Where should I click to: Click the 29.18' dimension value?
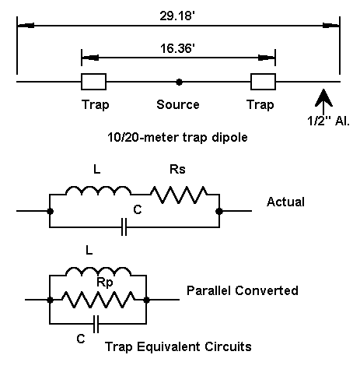point(177,16)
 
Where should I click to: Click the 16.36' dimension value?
point(177,48)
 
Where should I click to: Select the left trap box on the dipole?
point(93,82)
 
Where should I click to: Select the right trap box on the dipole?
point(263,82)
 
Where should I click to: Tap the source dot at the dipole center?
point(179,82)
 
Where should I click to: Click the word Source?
point(178,104)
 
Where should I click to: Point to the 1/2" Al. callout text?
point(328,121)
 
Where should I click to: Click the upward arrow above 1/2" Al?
point(323,101)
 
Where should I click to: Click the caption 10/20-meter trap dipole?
point(177,137)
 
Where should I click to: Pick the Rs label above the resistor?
point(177,170)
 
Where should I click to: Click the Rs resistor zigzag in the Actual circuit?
point(179,195)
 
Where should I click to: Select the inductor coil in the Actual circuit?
point(99,190)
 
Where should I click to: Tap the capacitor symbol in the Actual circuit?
point(124,227)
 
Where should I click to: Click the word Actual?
point(285,202)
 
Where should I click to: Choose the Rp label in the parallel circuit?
point(105,282)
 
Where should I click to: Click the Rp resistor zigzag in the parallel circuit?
point(99,300)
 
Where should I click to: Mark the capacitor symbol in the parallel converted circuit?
point(96,324)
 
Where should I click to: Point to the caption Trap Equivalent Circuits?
point(178,346)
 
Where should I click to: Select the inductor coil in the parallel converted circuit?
point(99,271)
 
